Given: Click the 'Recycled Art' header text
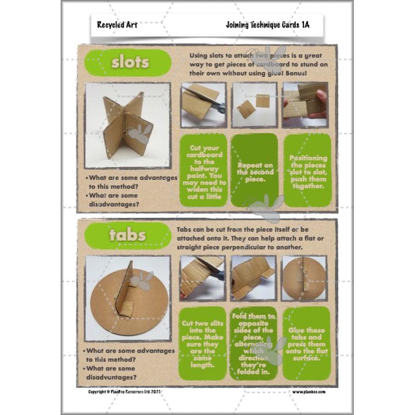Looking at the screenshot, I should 117,24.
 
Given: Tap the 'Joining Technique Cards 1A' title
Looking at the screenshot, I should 267,24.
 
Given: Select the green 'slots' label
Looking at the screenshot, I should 130,63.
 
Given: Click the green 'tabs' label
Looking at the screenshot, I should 128,235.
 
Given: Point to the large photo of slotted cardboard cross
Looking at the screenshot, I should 128,125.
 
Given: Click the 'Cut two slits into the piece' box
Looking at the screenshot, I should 203,343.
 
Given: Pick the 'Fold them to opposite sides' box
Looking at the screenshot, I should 255,343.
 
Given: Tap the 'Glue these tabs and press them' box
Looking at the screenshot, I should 308,343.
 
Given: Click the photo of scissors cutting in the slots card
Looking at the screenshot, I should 203,105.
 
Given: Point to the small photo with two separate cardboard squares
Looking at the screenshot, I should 255,105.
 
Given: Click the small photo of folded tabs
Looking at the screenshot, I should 255,278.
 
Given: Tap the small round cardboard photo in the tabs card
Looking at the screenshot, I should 304,278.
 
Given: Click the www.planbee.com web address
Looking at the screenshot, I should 308,392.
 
